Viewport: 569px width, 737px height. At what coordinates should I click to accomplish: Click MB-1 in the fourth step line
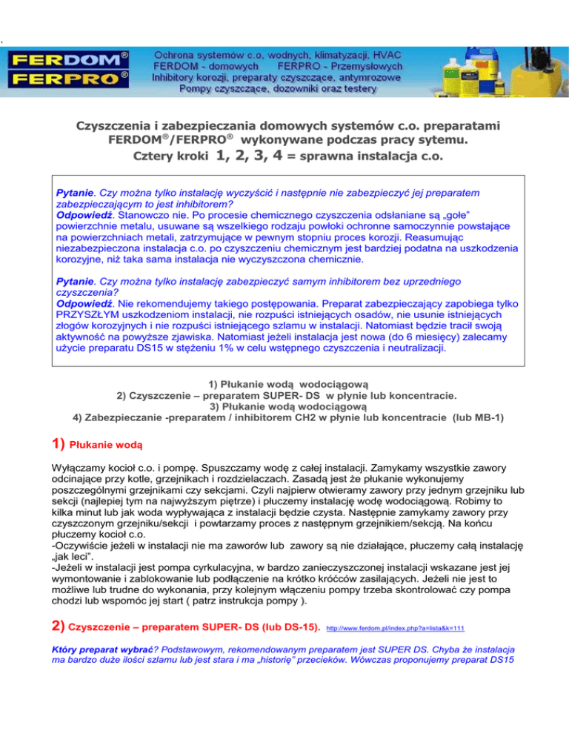coord(485,417)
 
